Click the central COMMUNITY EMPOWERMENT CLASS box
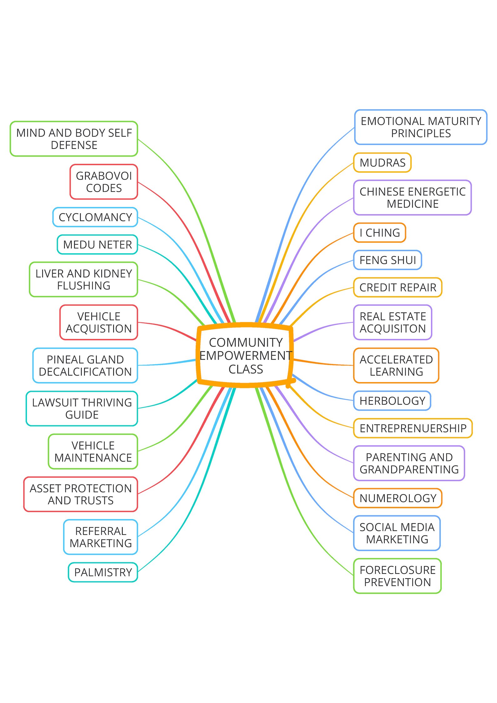(246, 356)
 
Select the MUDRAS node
(382, 163)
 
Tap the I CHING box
(379, 233)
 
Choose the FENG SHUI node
(388, 260)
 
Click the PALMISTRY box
(103, 572)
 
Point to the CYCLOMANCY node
(95, 217)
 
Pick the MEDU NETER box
(97, 245)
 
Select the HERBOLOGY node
(392, 401)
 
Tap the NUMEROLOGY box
(398, 498)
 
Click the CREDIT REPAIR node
(398, 287)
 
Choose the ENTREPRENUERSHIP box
(413, 428)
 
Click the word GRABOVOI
(104, 176)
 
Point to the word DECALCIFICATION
(85, 372)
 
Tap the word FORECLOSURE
(398, 570)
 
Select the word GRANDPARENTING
(409, 469)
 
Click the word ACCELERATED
(396, 360)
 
